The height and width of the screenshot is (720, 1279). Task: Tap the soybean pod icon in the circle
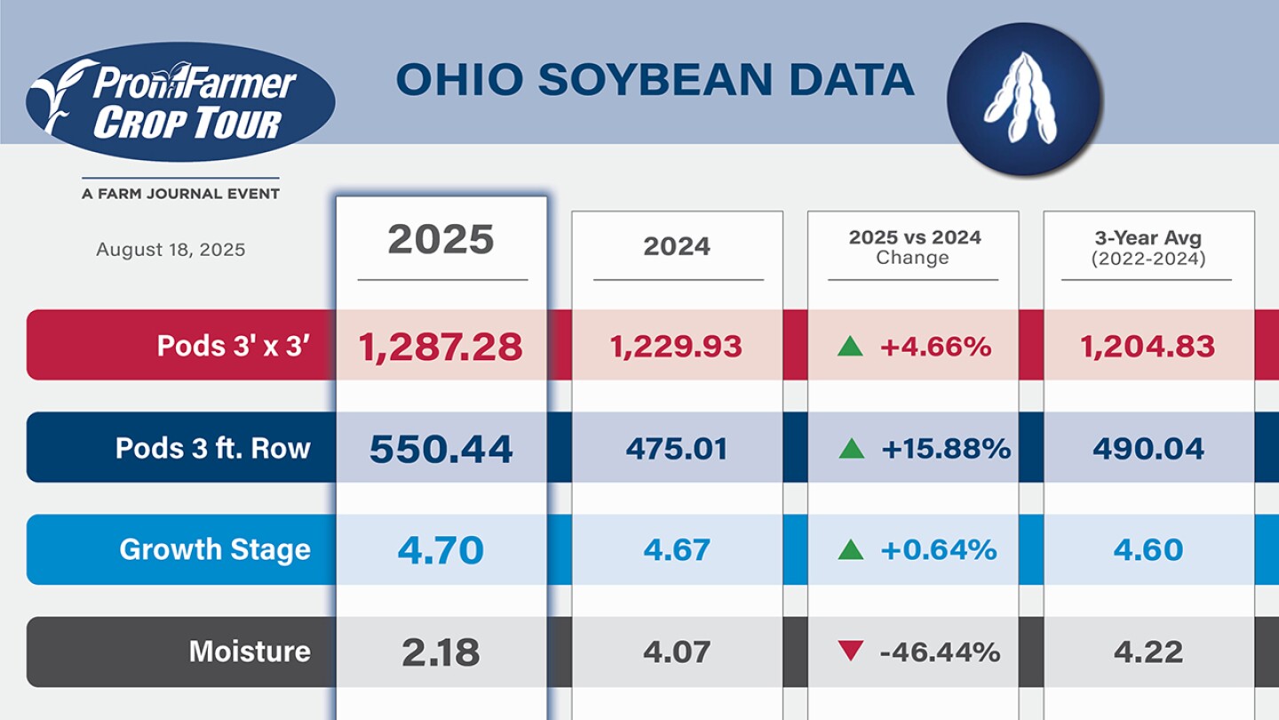[1023, 99]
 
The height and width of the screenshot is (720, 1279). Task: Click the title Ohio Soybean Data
[655, 80]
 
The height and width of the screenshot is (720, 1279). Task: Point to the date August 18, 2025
[171, 250]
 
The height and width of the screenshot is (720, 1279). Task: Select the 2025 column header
[441, 240]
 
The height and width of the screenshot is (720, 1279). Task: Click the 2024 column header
[677, 246]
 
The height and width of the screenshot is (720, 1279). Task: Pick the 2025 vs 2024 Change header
[914, 247]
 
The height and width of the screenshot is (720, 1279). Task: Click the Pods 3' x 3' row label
[233, 346]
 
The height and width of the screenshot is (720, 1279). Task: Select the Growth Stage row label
[215, 549]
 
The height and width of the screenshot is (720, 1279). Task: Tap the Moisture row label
[250, 652]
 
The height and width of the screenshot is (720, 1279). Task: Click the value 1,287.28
[441, 347]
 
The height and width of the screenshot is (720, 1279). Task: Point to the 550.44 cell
[441, 449]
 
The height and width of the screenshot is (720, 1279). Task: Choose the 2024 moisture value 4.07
[677, 652]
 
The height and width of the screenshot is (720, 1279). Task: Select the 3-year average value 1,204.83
[1148, 347]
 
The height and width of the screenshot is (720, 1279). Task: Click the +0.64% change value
[939, 550]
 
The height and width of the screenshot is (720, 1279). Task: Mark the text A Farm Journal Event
[180, 194]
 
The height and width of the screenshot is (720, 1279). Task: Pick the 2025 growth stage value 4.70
[441, 550]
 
